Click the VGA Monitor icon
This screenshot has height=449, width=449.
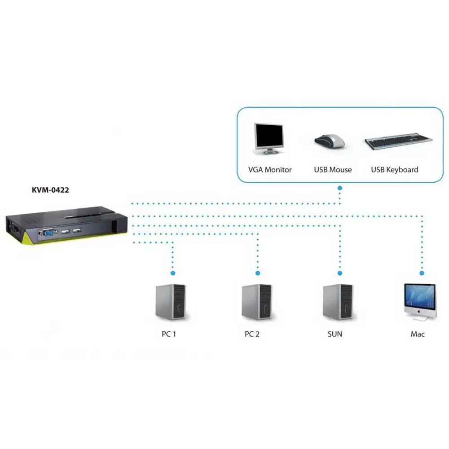pyautogui.click(x=269, y=138)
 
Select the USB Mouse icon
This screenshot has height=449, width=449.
pyautogui.click(x=329, y=141)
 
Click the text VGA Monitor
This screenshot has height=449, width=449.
pyautogui.click(x=270, y=170)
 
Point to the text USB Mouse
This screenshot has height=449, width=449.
pyautogui.click(x=333, y=170)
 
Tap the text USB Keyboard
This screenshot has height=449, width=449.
pyautogui.click(x=394, y=170)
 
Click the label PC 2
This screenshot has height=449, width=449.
pyautogui.click(x=252, y=334)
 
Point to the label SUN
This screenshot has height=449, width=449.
pyautogui.click(x=335, y=334)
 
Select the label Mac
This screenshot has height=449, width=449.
pyautogui.click(x=418, y=334)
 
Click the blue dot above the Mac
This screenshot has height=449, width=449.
pyautogui.click(x=422, y=273)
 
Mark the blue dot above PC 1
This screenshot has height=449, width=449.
pyautogui.click(x=172, y=273)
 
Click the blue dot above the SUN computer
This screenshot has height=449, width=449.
pyautogui.click(x=340, y=273)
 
